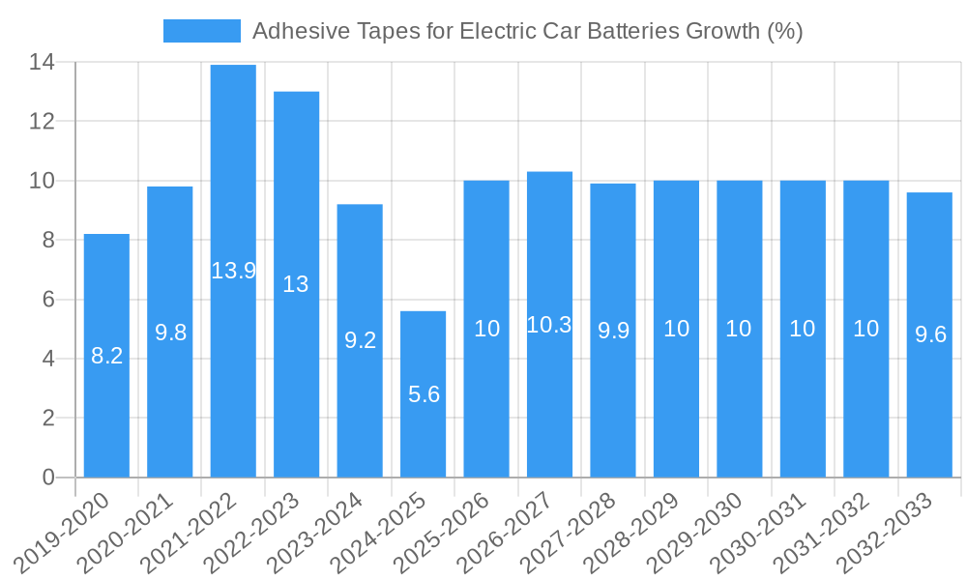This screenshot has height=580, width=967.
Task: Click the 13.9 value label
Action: pos(233,271)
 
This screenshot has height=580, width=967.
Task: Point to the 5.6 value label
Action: pos(424,394)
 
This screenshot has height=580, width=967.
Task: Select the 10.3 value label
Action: pos(549,325)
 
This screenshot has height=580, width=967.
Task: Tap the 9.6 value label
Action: pos(930,334)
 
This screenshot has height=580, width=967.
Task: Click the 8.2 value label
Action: pos(106,356)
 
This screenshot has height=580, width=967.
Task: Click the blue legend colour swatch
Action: pos(201,31)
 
